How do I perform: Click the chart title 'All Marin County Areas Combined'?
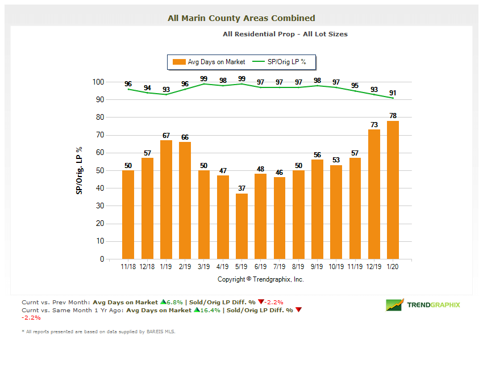(x=241, y=18)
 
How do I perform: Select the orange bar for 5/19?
(x=241, y=226)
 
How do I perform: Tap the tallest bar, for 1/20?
(x=393, y=190)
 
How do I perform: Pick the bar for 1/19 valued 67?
(x=166, y=199)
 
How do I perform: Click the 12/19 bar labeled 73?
(x=374, y=194)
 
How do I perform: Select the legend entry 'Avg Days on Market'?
(x=210, y=62)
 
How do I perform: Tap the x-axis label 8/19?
(x=298, y=266)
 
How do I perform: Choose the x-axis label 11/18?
(x=128, y=266)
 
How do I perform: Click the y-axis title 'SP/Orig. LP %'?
(x=79, y=170)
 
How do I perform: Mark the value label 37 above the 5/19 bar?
(x=241, y=188)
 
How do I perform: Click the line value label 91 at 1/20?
(x=393, y=93)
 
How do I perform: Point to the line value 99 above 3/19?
(x=204, y=79)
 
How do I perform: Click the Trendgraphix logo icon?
(x=394, y=305)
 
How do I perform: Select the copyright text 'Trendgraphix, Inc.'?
(x=278, y=279)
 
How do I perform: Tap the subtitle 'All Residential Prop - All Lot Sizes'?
(x=285, y=34)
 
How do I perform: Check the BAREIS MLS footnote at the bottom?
(x=98, y=332)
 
